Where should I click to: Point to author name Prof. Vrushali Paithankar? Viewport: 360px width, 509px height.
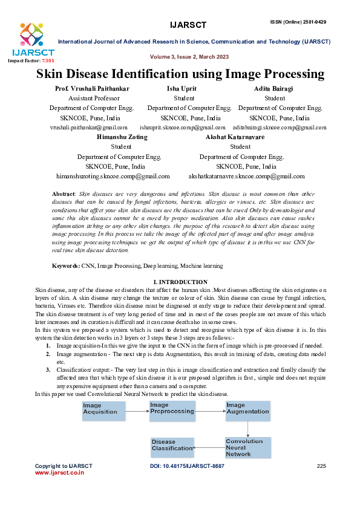92,89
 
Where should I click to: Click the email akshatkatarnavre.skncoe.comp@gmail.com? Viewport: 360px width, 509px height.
247,176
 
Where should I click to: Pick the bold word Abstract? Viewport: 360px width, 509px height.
64,192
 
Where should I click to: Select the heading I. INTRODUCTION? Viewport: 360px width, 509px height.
181,282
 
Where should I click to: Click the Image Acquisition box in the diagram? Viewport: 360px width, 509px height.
105,409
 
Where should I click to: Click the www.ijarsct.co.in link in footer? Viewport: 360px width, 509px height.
59,473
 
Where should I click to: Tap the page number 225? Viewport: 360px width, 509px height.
321,466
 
